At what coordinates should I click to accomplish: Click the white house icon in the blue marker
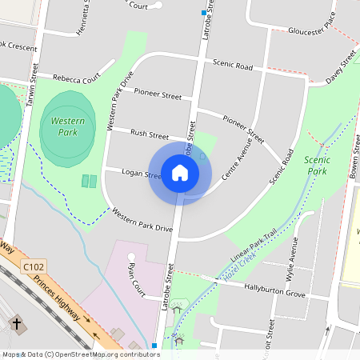180,173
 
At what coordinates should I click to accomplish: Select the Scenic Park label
317,166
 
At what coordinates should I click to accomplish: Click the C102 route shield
33,266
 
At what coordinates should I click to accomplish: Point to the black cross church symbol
17,323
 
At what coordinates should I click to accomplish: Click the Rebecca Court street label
77,78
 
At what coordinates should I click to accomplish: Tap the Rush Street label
150,134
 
